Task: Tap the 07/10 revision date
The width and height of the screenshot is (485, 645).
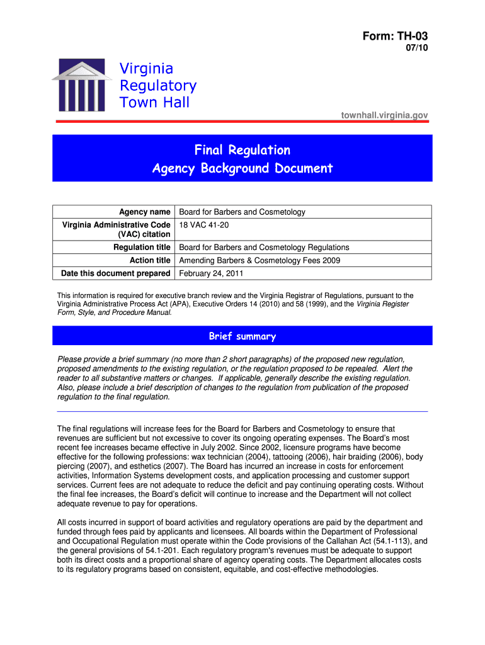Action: point(416,50)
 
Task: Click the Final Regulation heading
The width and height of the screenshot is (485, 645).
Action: point(243,150)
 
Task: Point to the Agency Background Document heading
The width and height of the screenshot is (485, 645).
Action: point(243,168)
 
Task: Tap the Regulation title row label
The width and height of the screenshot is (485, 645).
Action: point(142,248)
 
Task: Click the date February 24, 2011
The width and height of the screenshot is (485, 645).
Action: point(211,273)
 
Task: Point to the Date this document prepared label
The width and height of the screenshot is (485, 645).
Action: point(115,273)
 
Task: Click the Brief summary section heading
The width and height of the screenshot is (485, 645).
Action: point(243,336)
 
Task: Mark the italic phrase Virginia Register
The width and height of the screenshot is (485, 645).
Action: point(383,304)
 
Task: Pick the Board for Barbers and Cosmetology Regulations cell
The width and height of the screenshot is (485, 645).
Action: point(264,248)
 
